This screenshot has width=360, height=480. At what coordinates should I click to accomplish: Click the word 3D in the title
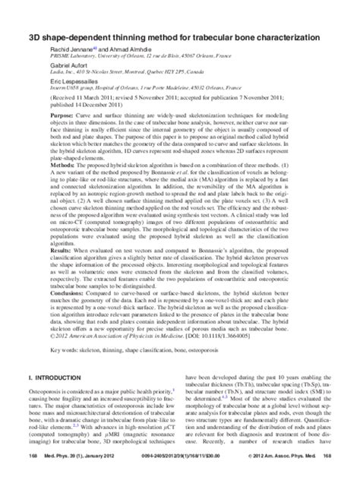(33, 15)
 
